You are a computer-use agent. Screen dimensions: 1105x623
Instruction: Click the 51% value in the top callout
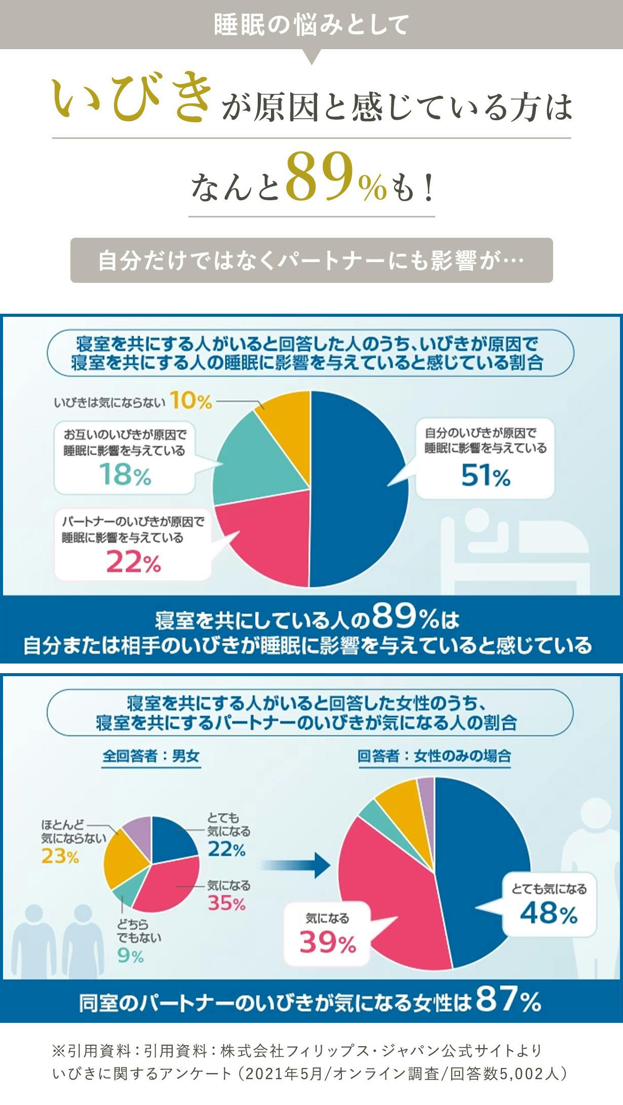[485, 476]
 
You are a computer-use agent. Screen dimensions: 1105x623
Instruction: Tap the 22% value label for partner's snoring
[133, 562]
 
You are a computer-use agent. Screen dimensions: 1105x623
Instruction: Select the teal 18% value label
[125, 475]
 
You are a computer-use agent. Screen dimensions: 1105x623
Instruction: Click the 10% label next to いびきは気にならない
[190, 401]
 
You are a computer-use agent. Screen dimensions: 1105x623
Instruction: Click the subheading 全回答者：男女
[151, 756]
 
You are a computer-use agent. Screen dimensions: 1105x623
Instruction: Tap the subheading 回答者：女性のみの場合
[434, 756]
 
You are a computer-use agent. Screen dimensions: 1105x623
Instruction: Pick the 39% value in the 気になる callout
[328, 942]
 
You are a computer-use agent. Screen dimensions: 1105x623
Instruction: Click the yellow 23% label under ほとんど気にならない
[60, 856]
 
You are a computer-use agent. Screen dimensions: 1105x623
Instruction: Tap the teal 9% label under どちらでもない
[130, 956]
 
